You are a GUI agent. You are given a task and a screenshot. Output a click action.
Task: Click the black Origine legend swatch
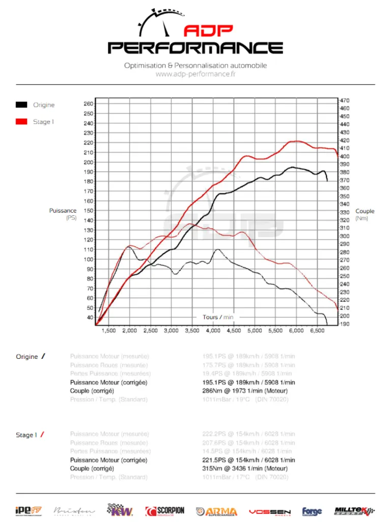[21, 105]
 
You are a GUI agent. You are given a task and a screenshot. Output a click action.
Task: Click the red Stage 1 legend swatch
[21, 122]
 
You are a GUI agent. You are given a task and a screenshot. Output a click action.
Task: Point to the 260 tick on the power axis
[88, 103]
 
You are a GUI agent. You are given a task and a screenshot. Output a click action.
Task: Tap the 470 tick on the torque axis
[345, 100]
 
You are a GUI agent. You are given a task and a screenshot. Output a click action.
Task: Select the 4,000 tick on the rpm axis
[212, 331]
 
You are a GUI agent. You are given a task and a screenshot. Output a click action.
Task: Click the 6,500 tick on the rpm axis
[317, 331]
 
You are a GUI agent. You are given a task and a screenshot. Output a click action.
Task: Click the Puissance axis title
[63, 211]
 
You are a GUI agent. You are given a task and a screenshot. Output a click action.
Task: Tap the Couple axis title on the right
[365, 211]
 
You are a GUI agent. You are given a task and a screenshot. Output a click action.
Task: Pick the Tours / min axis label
[218, 317]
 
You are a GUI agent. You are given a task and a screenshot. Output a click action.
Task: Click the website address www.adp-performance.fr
[195, 74]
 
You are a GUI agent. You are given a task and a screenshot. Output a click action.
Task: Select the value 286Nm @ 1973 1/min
[245, 391]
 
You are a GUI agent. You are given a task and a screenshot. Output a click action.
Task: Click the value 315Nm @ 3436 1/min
[245, 468]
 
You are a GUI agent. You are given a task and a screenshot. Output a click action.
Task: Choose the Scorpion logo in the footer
[165, 511]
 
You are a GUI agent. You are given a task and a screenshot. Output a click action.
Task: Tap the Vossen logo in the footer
[269, 511]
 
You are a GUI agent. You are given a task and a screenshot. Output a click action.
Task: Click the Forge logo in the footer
[312, 511]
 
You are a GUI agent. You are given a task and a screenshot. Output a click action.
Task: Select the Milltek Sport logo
[354, 511]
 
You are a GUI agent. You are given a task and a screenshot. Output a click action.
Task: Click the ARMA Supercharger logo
[216, 511]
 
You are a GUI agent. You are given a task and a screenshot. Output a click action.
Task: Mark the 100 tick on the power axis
[88, 259]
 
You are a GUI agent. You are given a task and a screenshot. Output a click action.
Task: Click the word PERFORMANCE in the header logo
[195, 48]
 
